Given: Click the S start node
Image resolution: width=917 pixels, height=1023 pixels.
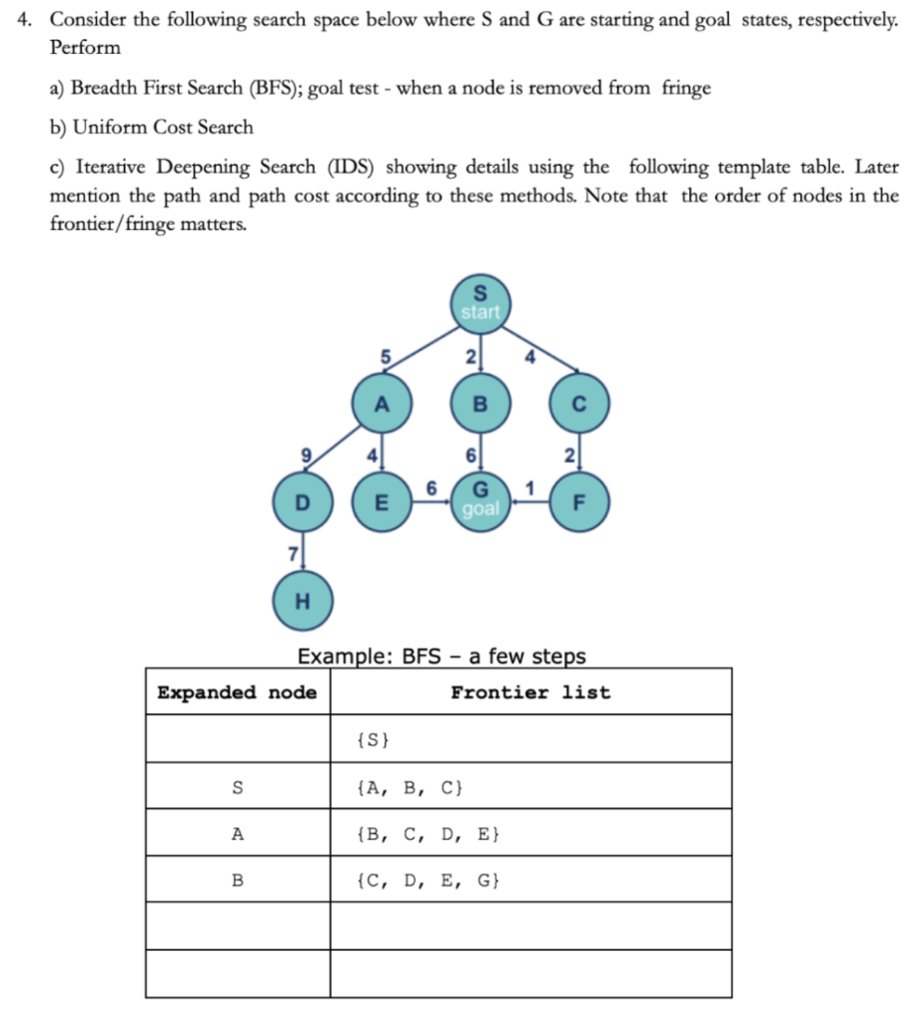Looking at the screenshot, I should (480, 302).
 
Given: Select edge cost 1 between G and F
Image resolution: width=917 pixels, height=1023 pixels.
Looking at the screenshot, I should (529, 487).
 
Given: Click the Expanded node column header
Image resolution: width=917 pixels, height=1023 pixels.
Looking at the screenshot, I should (238, 692).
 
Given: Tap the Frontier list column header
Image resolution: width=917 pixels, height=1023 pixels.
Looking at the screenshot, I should (529, 692).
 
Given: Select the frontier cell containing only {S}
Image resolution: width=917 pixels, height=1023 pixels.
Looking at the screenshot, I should (373, 740).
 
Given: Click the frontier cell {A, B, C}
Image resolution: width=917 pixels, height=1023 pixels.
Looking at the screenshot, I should (409, 787).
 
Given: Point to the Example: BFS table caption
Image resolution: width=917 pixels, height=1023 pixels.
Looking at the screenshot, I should (442, 656).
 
